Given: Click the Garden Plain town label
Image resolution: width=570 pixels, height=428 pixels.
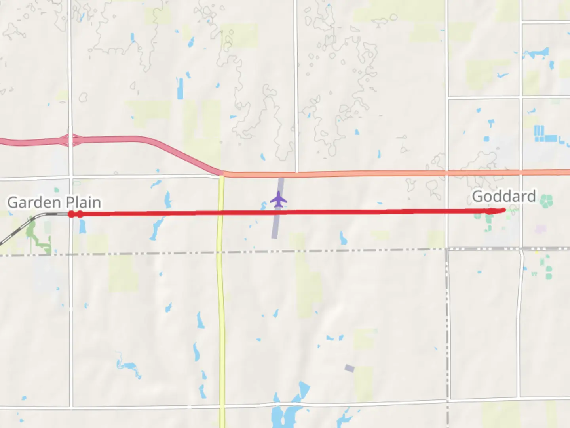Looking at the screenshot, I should click(54, 203).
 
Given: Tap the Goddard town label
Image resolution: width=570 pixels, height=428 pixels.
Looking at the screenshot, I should click(503, 197).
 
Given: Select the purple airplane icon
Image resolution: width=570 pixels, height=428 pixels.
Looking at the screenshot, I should click(279, 199).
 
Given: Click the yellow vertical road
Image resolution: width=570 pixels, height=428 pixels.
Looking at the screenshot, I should click(221, 317).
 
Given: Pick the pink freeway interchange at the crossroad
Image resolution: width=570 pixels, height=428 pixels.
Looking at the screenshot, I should click(70, 140).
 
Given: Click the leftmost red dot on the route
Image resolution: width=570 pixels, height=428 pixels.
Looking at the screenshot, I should click(71, 214).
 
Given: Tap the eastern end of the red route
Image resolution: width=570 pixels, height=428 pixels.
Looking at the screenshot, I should click(503, 210).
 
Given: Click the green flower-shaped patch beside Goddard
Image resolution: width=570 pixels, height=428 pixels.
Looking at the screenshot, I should click(546, 201).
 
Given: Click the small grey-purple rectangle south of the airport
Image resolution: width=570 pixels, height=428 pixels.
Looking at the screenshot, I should click(349, 368).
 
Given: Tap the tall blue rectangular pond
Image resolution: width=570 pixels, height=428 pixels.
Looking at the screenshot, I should click(180, 88).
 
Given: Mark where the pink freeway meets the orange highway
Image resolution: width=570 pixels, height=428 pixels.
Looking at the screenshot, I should click(222, 173).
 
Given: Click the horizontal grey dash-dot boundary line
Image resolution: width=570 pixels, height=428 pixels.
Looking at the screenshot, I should click(317, 251).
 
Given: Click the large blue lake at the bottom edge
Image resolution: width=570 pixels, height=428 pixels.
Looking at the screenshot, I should click(285, 414).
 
